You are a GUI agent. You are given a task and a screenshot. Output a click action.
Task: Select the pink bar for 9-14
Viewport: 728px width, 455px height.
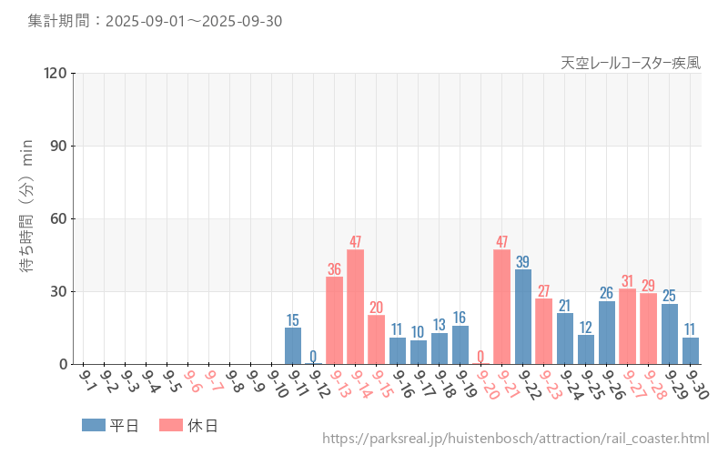[355, 307]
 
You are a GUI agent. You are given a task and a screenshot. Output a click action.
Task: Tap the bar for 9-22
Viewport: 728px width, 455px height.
[523, 317]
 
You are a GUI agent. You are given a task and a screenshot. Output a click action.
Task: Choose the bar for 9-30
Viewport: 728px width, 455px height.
[691, 351]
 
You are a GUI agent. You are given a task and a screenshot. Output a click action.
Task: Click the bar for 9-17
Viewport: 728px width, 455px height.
[419, 352]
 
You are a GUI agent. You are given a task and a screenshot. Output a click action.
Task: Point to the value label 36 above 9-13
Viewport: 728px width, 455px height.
[334, 268]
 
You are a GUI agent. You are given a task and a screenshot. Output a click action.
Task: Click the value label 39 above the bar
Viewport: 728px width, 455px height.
[523, 261]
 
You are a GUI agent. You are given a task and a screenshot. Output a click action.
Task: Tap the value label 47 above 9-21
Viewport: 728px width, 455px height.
[502, 242]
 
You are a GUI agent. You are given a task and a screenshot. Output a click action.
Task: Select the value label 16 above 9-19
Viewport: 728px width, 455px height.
[460, 318]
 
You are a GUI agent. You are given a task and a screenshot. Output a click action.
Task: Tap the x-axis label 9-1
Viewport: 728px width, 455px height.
[88, 379]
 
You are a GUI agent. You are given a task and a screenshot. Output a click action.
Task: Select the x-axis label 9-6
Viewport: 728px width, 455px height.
[193, 379]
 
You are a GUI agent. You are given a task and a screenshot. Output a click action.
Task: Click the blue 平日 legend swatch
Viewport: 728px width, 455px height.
[93, 425]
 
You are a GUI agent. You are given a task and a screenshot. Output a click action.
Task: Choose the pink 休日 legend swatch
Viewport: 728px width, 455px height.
[171, 425]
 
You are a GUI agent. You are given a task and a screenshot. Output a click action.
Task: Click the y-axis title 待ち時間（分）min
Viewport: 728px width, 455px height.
[27, 218]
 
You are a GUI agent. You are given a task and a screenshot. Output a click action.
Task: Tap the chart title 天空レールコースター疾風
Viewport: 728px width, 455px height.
[631, 63]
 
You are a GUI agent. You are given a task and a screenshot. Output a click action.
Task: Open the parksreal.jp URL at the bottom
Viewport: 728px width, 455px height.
[515, 440]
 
